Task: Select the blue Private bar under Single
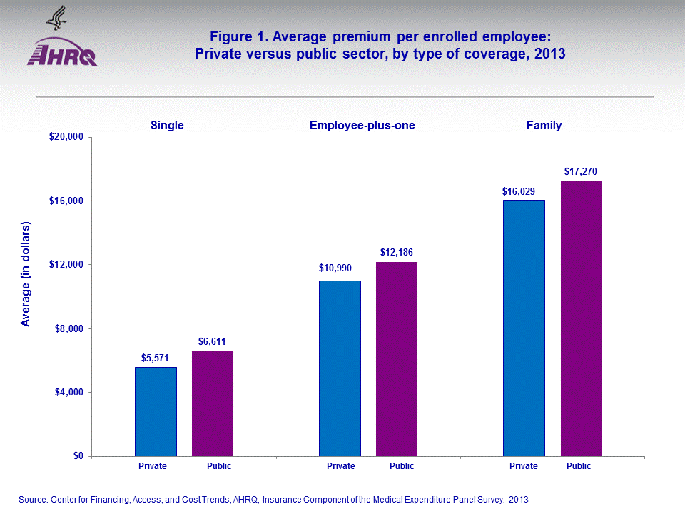156,411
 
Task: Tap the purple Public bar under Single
213,403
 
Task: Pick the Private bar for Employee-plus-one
340,368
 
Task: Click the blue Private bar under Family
524,328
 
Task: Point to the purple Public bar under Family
581,318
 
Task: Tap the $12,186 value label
396,253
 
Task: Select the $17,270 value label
580,171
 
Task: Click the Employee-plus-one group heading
362,125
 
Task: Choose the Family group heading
544,125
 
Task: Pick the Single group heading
167,125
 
